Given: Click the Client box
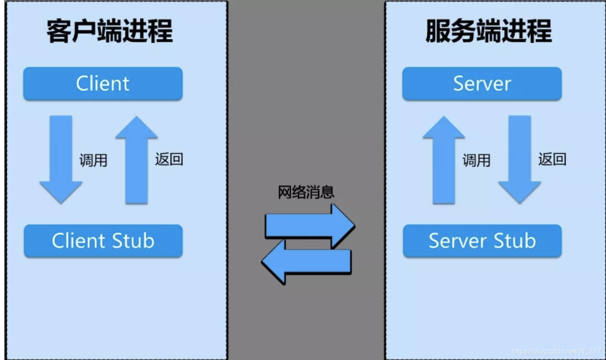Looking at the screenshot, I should pyautogui.click(x=103, y=84).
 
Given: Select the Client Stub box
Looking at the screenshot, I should pyautogui.click(x=103, y=241).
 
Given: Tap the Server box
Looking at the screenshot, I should pyautogui.click(x=482, y=84).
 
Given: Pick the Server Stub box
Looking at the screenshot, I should pyautogui.click(x=482, y=241).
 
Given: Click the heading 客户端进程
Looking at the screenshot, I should pyautogui.click(x=110, y=32).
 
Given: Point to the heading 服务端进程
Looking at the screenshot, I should pyautogui.click(x=489, y=32).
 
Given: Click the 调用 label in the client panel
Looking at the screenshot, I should pyautogui.click(x=93, y=160).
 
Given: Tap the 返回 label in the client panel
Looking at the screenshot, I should pyautogui.click(x=169, y=159).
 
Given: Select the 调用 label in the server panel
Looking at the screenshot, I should pyautogui.click(x=476, y=160).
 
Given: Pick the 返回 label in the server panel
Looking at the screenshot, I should pyautogui.click(x=552, y=159).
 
